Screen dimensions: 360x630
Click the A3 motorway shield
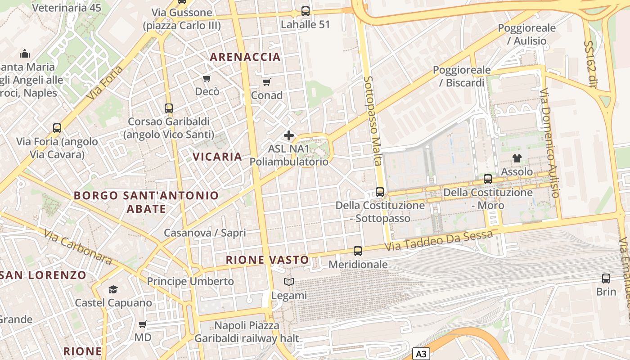(421, 354)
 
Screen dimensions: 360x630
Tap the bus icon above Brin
(606, 278)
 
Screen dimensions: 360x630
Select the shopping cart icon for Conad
(266, 82)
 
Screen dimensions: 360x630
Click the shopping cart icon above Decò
(207, 79)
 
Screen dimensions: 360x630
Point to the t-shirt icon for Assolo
(517, 158)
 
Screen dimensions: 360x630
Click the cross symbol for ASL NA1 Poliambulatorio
(289, 135)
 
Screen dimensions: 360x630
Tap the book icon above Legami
(289, 282)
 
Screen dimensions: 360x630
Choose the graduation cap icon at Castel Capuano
(113, 289)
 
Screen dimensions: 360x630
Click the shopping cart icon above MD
(143, 324)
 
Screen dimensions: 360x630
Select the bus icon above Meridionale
(358, 251)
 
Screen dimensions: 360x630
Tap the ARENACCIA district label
(245, 57)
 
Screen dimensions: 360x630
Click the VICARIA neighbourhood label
(217, 157)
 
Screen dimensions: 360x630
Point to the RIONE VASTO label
(267, 260)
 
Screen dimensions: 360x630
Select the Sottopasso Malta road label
(373, 121)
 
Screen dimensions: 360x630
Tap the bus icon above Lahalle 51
(306, 11)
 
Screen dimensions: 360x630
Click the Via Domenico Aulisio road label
(549, 143)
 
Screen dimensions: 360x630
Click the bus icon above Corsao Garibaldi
(169, 108)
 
